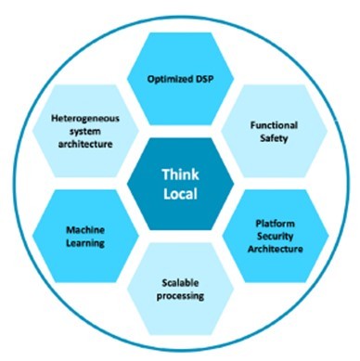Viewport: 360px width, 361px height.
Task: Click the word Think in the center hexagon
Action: [180, 174]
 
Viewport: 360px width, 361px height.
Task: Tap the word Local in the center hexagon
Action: [180, 194]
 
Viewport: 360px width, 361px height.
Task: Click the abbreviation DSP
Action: [204, 79]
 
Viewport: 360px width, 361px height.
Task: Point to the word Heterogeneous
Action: [85, 119]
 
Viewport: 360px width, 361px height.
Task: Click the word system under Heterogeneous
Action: [85, 132]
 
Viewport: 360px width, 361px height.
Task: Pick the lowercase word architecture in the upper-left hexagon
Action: [85, 144]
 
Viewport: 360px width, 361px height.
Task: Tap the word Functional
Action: [274, 125]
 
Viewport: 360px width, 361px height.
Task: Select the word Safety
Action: [274, 138]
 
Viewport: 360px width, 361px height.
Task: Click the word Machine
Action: [85, 230]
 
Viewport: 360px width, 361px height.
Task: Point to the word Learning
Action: [85, 243]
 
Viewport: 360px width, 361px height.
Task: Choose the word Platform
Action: [275, 224]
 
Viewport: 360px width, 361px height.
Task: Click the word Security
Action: [275, 237]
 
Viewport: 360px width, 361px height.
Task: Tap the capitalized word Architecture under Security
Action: [275, 249]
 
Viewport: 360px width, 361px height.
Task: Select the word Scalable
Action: [180, 283]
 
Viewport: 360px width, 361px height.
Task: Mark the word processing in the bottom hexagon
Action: [180, 296]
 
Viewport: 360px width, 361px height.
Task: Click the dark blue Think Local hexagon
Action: [180, 185]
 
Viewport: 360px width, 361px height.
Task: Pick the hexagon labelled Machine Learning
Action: [85, 236]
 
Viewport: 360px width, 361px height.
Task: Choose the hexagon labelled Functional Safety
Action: [274, 132]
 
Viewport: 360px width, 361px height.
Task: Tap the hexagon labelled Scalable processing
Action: [180, 289]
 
